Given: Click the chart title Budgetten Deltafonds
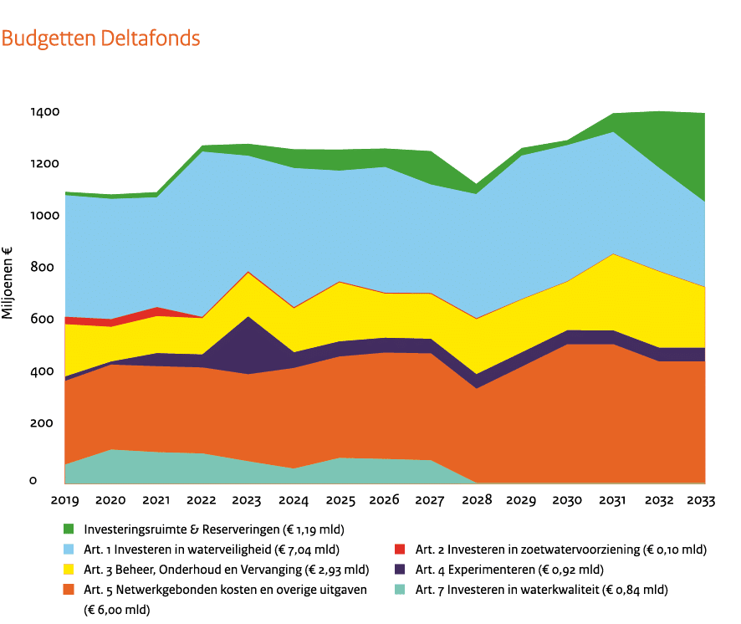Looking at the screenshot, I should pyautogui.click(x=100, y=39).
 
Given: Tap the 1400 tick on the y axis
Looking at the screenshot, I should pyautogui.click(x=46, y=112).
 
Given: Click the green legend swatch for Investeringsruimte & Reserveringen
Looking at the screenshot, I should pyautogui.click(x=69, y=529).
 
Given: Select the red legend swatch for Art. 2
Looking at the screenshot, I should pyautogui.click(x=400, y=550).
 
